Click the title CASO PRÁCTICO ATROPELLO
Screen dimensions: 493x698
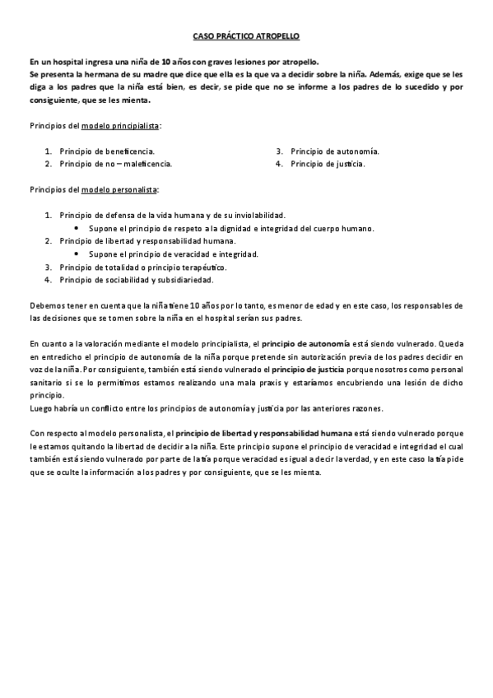click(x=246, y=37)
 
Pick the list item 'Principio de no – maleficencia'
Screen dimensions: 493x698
click(x=115, y=164)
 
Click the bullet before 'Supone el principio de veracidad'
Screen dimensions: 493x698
click(x=77, y=254)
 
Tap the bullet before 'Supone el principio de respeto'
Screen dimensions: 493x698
click(x=77, y=228)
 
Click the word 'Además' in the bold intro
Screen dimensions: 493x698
click(x=393, y=72)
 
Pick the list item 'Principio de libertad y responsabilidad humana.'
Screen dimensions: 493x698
click(x=147, y=241)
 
